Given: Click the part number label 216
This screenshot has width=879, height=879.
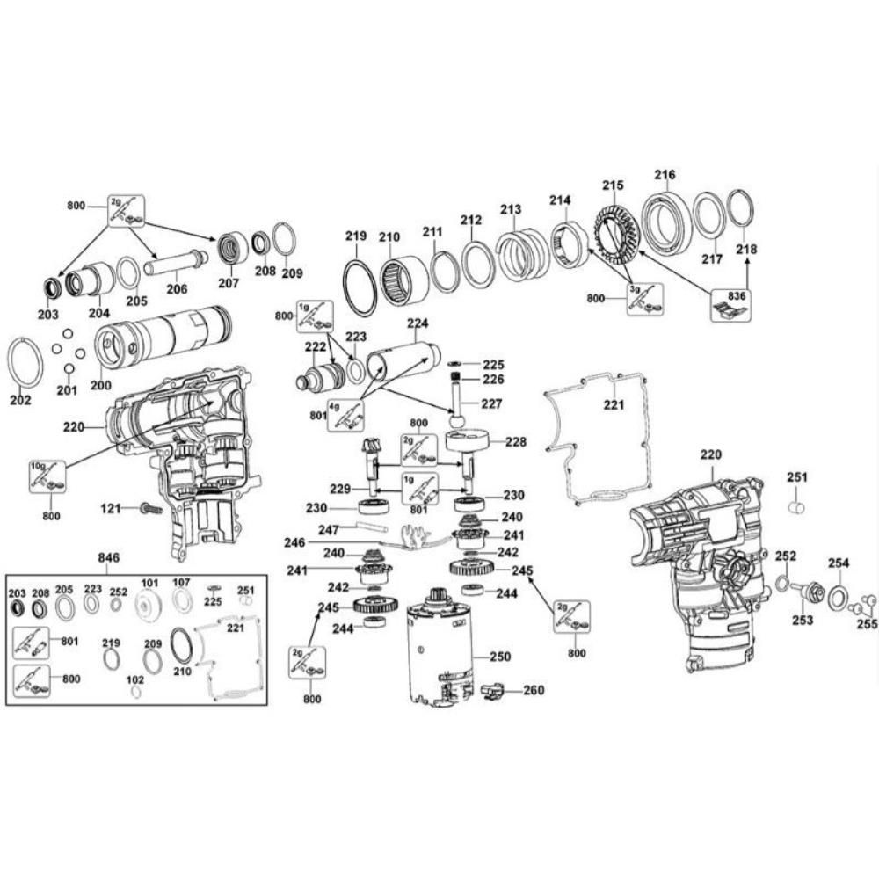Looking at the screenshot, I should pyautogui.click(x=665, y=175).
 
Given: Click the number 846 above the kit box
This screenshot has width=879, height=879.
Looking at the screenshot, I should pyautogui.click(x=108, y=558).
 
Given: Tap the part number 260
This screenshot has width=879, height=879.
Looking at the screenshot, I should pyautogui.click(x=534, y=690).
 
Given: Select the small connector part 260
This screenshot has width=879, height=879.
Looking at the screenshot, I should pyautogui.click(x=492, y=693).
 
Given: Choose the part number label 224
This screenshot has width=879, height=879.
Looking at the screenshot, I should pyautogui.click(x=418, y=323).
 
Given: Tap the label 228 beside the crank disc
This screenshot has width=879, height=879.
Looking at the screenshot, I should pyautogui.click(x=516, y=442).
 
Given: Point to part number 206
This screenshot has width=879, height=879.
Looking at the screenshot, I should pyautogui.click(x=177, y=289).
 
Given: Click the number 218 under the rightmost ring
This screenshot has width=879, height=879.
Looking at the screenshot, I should pyautogui.click(x=746, y=250).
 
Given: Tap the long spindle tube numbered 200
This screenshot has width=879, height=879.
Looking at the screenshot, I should pyautogui.click(x=163, y=338).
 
